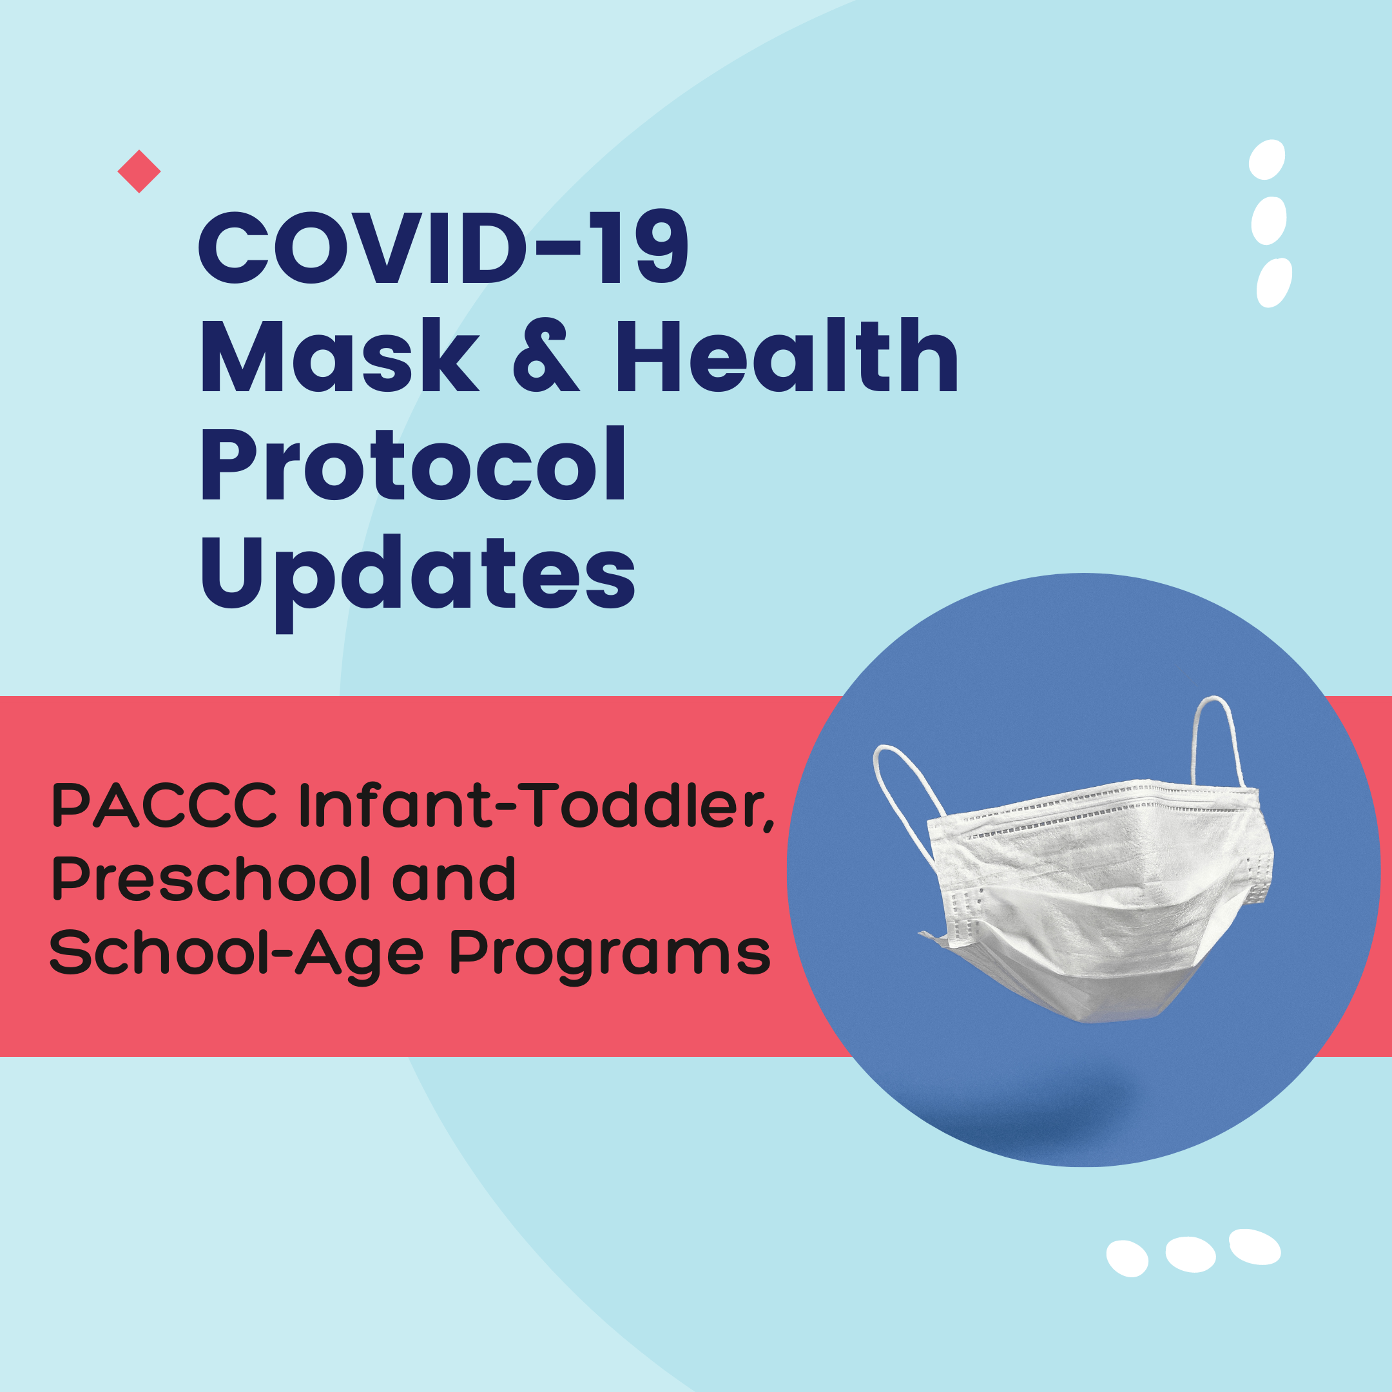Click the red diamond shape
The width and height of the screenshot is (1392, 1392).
point(139,171)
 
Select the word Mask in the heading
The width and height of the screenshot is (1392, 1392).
point(340,354)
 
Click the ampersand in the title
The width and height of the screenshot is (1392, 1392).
point(546,354)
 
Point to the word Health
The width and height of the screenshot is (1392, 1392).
point(787,354)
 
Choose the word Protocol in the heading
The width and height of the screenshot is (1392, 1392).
point(413,463)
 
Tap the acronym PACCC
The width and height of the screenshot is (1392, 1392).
point(164,806)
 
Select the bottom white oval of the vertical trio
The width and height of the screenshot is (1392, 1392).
point(1275,282)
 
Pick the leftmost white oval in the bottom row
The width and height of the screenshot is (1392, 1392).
point(1128,1259)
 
